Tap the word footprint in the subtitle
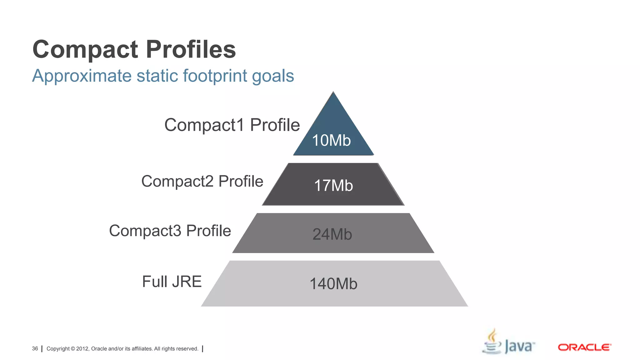click(x=215, y=76)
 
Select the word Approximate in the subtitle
click(x=82, y=76)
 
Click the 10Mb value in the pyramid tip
click(x=331, y=140)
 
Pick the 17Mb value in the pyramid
click(x=333, y=186)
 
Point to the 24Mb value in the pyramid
click(x=332, y=234)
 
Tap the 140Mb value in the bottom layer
click(x=333, y=284)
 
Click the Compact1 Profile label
click(x=232, y=125)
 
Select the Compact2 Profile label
click(x=202, y=181)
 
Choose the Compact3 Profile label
click(x=170, y=231)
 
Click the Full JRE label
click(x=172, y=281)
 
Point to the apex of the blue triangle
click(x=333, y=92)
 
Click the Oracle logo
click(x=584, y=347)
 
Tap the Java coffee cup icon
click(x=492, y=342)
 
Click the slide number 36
click(x=35, y=348)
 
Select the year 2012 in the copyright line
click(x=82, y=349)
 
